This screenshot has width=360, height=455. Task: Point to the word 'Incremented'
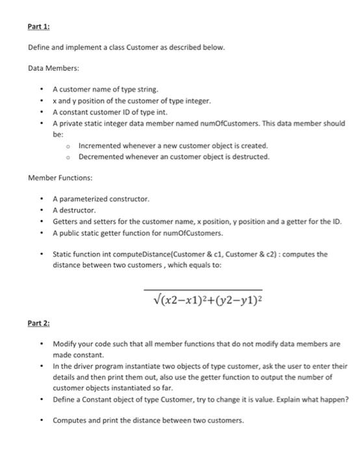[100, 146]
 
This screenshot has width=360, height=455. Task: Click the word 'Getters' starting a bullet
[66, 221]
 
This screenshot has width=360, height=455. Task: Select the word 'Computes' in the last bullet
[70, 420]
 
